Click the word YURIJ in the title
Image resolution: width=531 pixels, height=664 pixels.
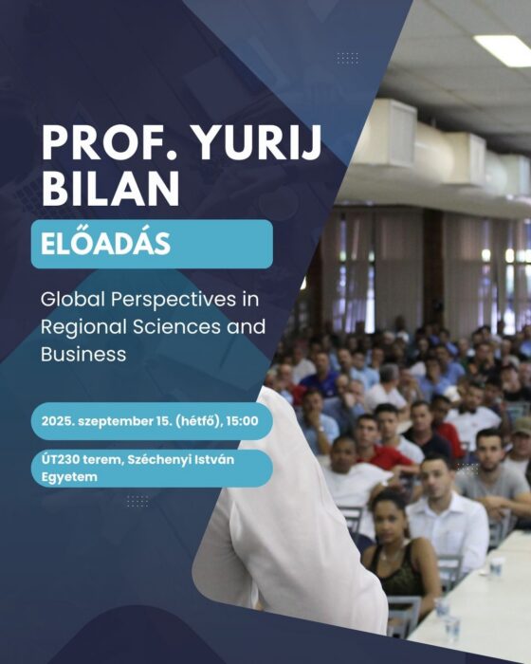tap(258, 142)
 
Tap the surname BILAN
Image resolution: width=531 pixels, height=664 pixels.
tap(111, 188)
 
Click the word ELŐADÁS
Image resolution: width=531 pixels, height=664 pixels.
tap(105, 243)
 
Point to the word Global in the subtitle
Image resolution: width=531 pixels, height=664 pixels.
tap(72, 300)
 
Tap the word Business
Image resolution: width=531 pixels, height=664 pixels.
tap(83, 354)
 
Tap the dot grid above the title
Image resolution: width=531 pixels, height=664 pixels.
tap(348, 59)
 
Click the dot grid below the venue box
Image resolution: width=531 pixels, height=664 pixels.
tap(137, 501)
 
